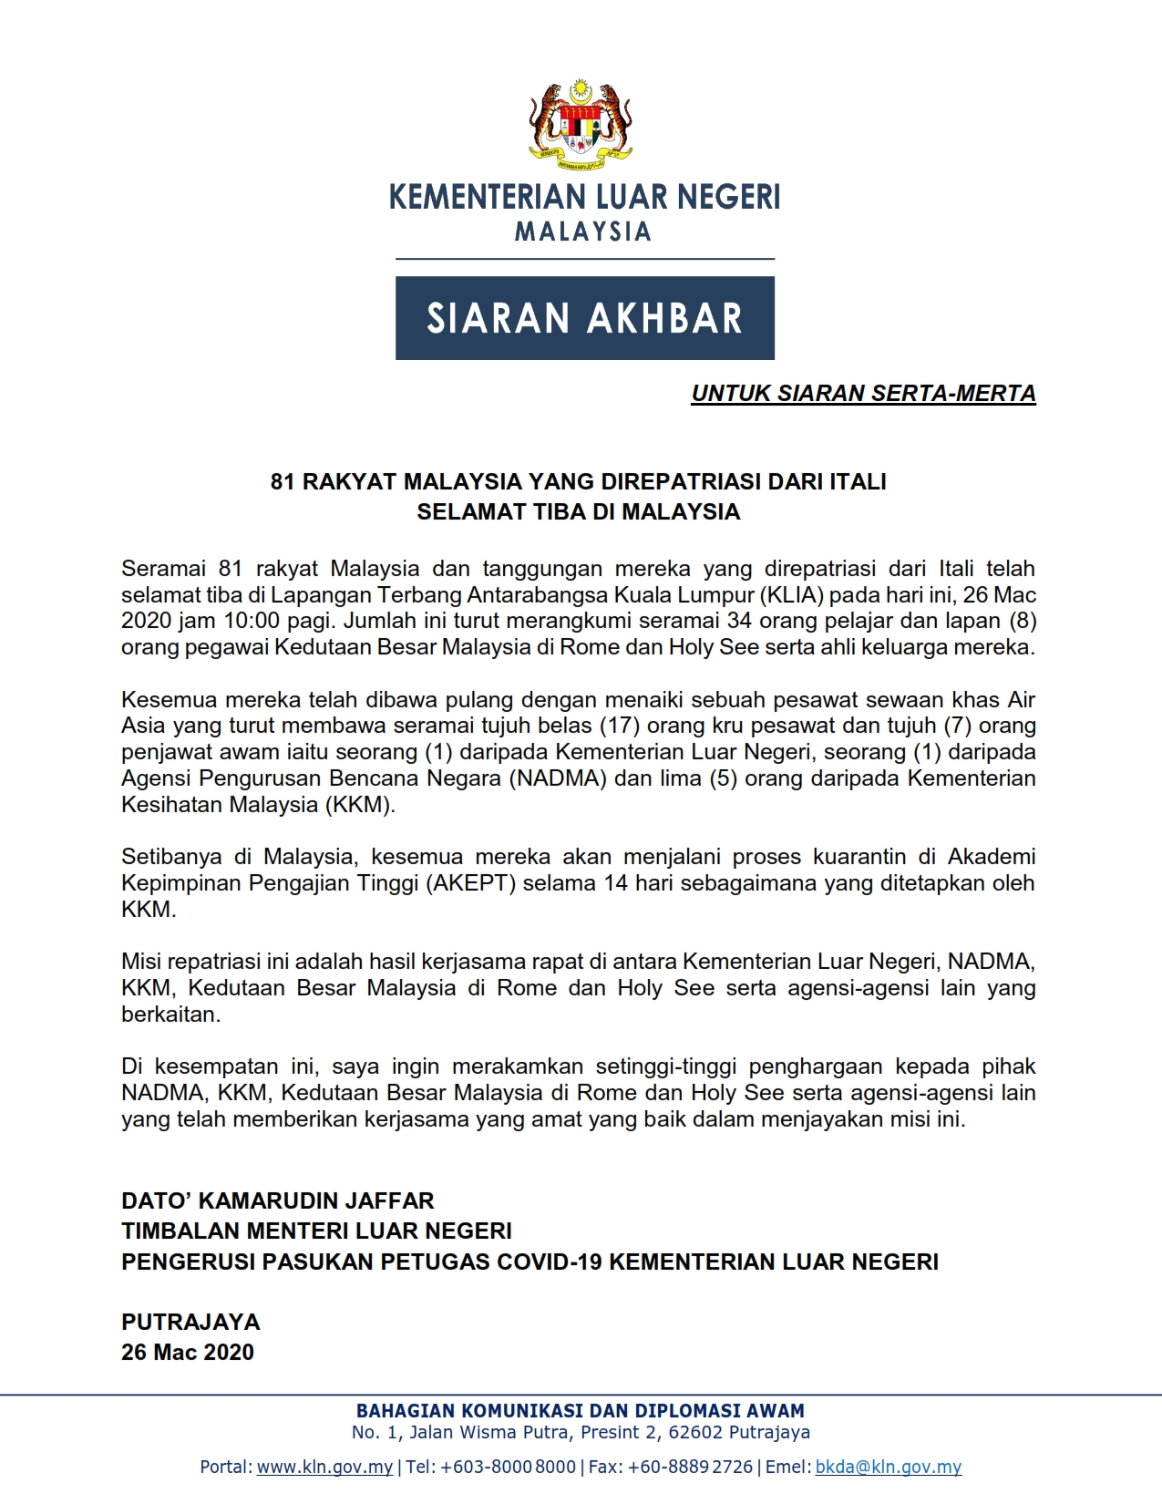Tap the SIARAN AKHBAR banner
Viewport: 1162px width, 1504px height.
click(x=584, y=318)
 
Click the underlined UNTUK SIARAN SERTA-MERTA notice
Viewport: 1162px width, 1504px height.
click(x=863, y=394)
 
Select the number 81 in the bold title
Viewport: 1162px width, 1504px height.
click(x=283, y=481)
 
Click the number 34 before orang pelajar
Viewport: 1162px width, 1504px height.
click(x=739, y=622)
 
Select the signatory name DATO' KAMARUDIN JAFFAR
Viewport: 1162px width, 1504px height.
click(x=278, y=1200)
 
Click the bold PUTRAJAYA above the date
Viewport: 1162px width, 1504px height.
click(x=190, y=1322)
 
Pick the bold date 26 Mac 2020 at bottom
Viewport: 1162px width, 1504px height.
click(x=188, y=1352)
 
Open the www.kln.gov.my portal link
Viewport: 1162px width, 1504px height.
click(x=324, y=1467)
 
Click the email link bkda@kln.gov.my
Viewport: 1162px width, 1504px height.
click(x=889, y=1467)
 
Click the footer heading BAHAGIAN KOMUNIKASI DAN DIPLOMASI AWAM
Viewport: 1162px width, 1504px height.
click(x=581, y=1410)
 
